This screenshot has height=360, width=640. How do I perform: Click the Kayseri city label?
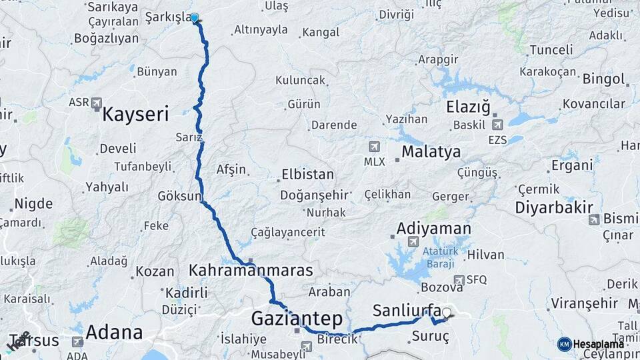(135, 114)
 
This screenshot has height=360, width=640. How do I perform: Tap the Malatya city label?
(431, 152)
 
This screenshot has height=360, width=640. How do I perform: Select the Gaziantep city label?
(297, 319)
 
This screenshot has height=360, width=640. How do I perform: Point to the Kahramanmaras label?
(251, 271)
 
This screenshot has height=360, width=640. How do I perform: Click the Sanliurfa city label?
(407, 310)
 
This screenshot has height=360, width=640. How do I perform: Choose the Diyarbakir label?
(554, 207)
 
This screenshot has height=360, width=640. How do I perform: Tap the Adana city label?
(114, 332)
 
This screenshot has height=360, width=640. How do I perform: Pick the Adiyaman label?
(433, 229)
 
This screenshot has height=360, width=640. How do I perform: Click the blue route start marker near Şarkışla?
(194, 17)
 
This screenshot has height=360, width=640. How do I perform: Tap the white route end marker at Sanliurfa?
(446, 311)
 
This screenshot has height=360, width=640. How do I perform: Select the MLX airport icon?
(374, 146)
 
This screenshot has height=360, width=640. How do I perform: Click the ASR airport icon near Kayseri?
(97, 103)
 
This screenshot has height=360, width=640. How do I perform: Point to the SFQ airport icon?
(459, 280)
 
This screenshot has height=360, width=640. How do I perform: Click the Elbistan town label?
(307, 175)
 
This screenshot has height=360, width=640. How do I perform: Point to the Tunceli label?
(551, 50)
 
